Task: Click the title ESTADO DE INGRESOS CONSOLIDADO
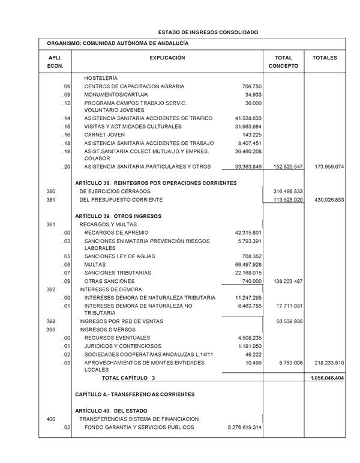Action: click(x=208, y=31)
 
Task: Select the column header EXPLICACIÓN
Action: click(x=167, y=58)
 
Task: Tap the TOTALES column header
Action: click(x=325, y=58)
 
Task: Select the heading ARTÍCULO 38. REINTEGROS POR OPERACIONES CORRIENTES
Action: click(x=156, y=183)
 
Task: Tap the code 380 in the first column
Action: click(x=51, y=191)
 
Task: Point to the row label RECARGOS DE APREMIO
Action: click(x=116, y=232)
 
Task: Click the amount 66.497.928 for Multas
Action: click(x=248, y=265)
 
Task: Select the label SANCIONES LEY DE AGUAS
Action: click(x=120, y=256)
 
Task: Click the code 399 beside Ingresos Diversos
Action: click(x=51, y=330)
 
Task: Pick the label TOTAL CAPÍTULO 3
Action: click(x=128, y=378)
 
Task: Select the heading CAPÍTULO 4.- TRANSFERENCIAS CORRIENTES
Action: click(x=135, y=395)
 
